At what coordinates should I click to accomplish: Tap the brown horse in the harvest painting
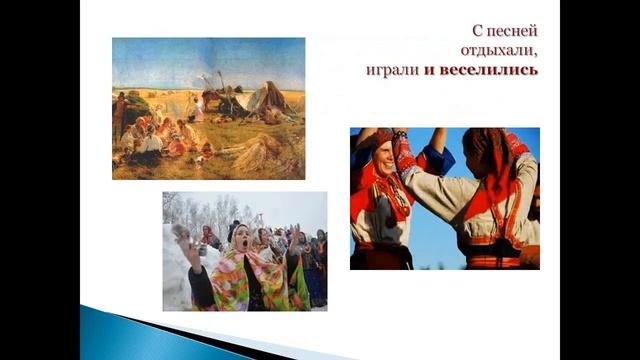(211, 100)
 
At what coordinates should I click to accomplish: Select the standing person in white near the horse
(198, 107)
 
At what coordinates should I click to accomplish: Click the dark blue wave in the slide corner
(150, 335)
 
